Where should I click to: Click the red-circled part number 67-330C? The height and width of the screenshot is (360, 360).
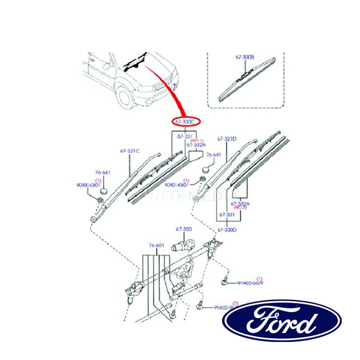(185, 121)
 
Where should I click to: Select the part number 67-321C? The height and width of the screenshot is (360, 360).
(130, 151)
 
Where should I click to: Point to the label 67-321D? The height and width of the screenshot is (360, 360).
(227, 139)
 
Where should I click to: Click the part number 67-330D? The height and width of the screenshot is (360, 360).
(227, 229)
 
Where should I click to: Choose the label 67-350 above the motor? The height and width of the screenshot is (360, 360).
(183, 229)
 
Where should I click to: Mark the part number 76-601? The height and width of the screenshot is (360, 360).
(156, 245)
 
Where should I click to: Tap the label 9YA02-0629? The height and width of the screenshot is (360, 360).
(250, 283)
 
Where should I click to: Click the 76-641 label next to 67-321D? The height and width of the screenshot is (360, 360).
(214, 155)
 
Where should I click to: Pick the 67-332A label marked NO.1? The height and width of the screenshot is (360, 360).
(196, 145)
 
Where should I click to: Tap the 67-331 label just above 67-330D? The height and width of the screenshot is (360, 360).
(227, 214)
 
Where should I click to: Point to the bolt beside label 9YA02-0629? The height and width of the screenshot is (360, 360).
(224, 280)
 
